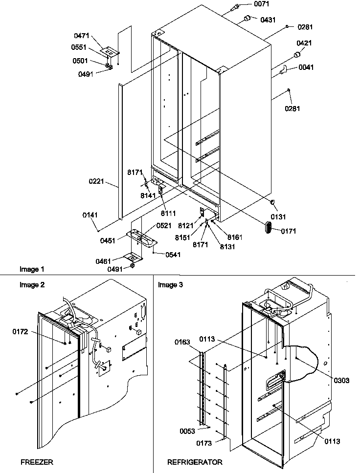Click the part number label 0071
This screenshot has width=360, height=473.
click(x=262, y=4)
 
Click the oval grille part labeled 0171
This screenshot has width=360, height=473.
click(x=269, y=228)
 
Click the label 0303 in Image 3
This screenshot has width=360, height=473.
click(x=342, y=379)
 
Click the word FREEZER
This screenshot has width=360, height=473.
click(x=37, y=461)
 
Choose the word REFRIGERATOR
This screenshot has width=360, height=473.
click(x=195, y=461)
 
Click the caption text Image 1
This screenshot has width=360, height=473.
click(x=32, y=269)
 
